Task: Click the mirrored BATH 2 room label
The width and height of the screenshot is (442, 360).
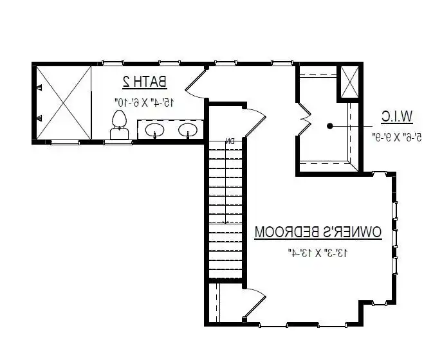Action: pos(145,82)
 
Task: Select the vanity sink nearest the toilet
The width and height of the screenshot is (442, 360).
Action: pos(154,130)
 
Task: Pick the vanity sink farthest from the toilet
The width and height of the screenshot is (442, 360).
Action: pos(187,130)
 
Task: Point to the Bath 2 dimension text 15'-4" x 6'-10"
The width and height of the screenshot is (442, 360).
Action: pos(144,102)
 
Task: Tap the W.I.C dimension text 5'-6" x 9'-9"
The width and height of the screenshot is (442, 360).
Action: pos(396,136)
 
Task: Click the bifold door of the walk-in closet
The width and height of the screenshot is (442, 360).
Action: pos(303,120)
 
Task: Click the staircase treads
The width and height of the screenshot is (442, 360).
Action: pos(226,206)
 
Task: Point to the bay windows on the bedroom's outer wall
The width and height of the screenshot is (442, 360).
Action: pos(394,238)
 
